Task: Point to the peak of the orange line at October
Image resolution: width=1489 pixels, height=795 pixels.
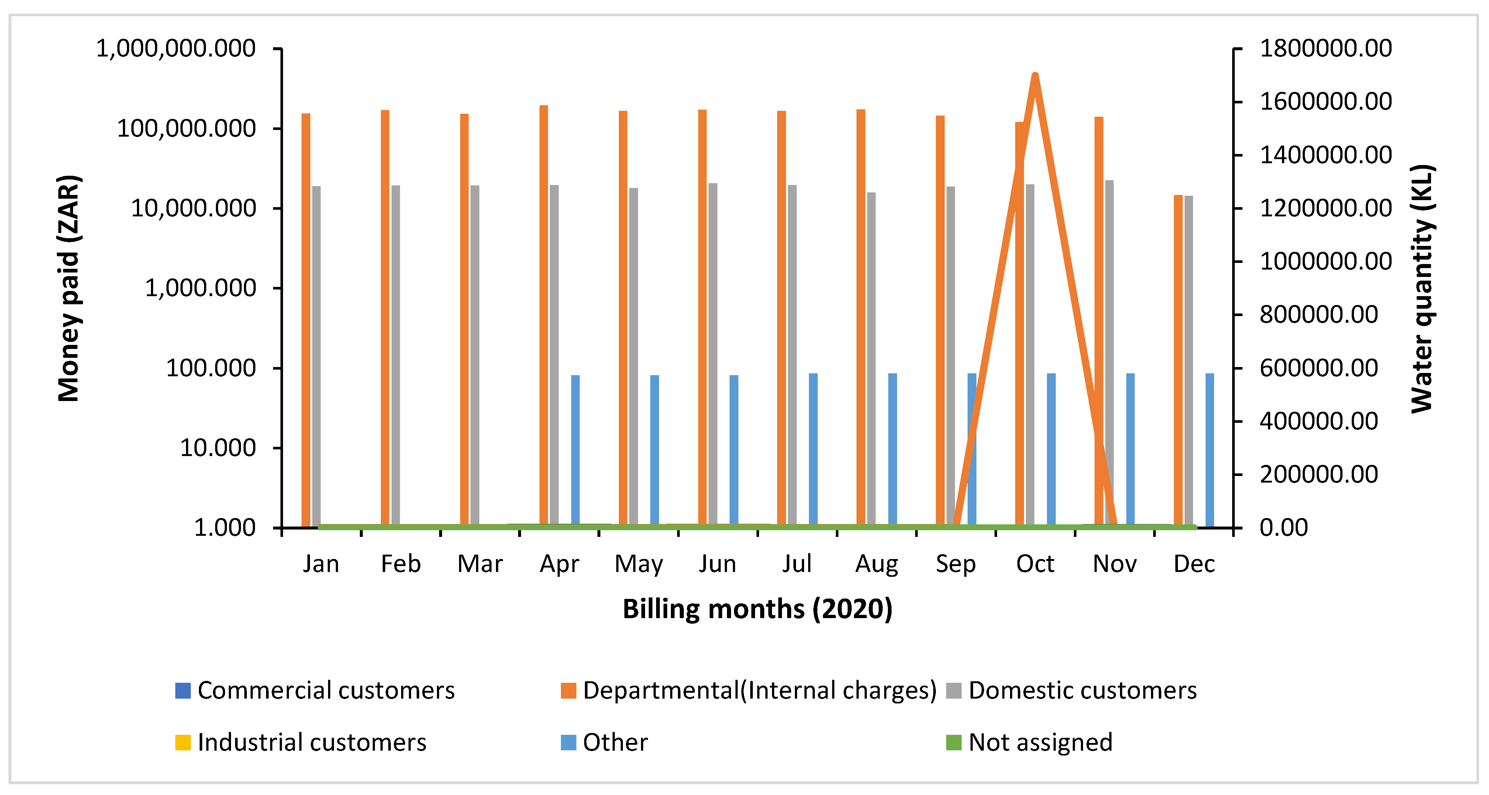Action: [1035, 75]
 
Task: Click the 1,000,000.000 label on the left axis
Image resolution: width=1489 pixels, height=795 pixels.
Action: [176, 49]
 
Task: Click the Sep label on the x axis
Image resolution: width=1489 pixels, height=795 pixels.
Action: [955, 564]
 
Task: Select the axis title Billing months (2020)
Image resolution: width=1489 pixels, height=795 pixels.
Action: [757, 609]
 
